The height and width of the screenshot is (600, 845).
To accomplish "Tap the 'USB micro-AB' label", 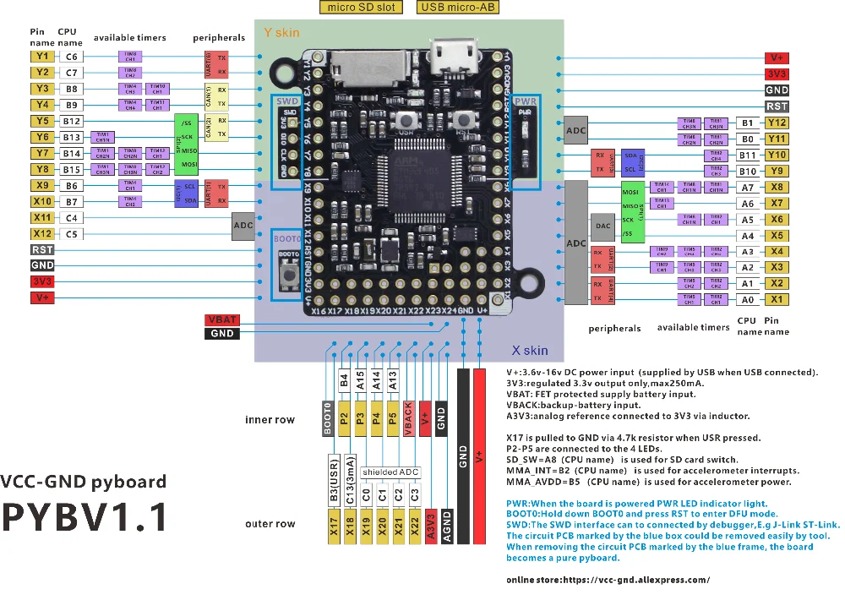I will click(457, 8).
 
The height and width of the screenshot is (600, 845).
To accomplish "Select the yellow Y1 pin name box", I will click(42, 57).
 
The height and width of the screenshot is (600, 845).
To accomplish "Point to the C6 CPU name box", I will click(72, 57).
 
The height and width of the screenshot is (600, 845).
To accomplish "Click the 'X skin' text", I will click(530, 350).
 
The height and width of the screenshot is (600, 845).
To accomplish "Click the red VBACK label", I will click(409, 417).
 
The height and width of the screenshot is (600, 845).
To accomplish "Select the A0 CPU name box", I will click(747, 299).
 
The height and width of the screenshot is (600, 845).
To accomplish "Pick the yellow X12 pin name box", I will click(42, 234).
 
